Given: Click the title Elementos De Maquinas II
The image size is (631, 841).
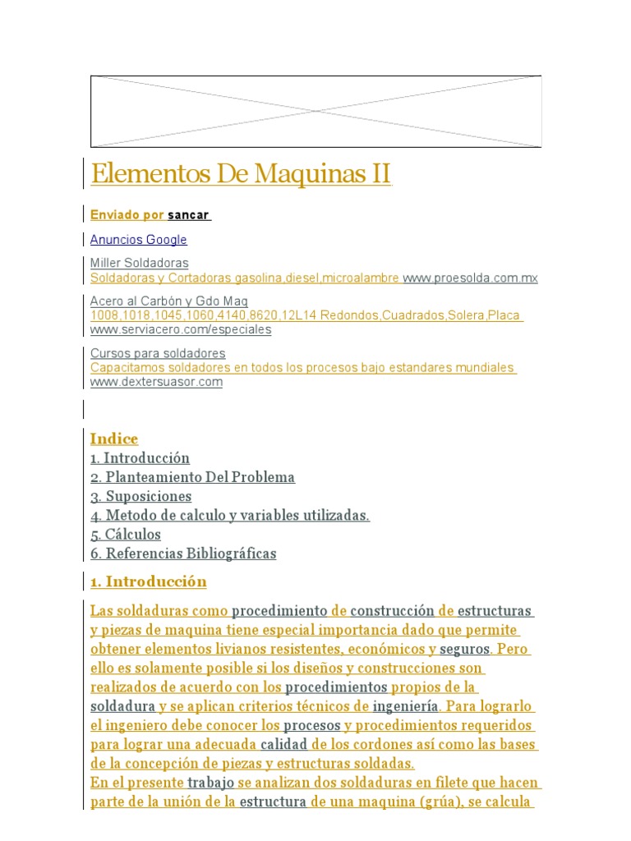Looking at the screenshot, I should [x=241, y=174].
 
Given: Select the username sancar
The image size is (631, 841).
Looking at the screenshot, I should [x=188, y=215].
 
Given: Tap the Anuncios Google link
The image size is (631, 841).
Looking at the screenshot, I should [x=138, y=240].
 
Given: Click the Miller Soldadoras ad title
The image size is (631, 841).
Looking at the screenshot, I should [x=139, y=263].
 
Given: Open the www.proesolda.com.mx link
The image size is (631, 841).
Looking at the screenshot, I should [x=470, y=278].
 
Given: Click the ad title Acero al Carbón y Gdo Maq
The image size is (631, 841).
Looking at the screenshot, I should [x=168, y=301].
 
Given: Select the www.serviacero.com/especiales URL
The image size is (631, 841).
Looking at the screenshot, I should [x=180, y=330].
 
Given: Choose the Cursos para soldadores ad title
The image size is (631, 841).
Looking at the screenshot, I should [x=158, y=353].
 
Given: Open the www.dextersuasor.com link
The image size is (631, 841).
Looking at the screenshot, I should [x=156, y=382].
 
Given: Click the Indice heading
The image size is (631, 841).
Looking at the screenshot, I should [x=114, y=439].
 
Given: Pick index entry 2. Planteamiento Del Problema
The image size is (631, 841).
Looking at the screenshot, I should [x=192, y=477].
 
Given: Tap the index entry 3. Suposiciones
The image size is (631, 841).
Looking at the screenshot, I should [x=140, y=496].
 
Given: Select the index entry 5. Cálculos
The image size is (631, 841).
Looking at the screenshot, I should [x=126, y=534].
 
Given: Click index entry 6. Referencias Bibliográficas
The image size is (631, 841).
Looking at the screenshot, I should [x=183, y=554].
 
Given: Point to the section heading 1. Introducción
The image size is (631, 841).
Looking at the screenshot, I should [x=148, y=582].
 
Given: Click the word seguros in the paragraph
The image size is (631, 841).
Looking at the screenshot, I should [x=464, y=649].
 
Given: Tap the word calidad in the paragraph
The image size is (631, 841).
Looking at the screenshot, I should [x=283, y=744].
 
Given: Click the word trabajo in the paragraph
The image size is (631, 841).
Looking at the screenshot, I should [x=210, y=783].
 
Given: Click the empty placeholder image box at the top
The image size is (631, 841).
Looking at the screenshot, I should [x=315, y=112].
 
